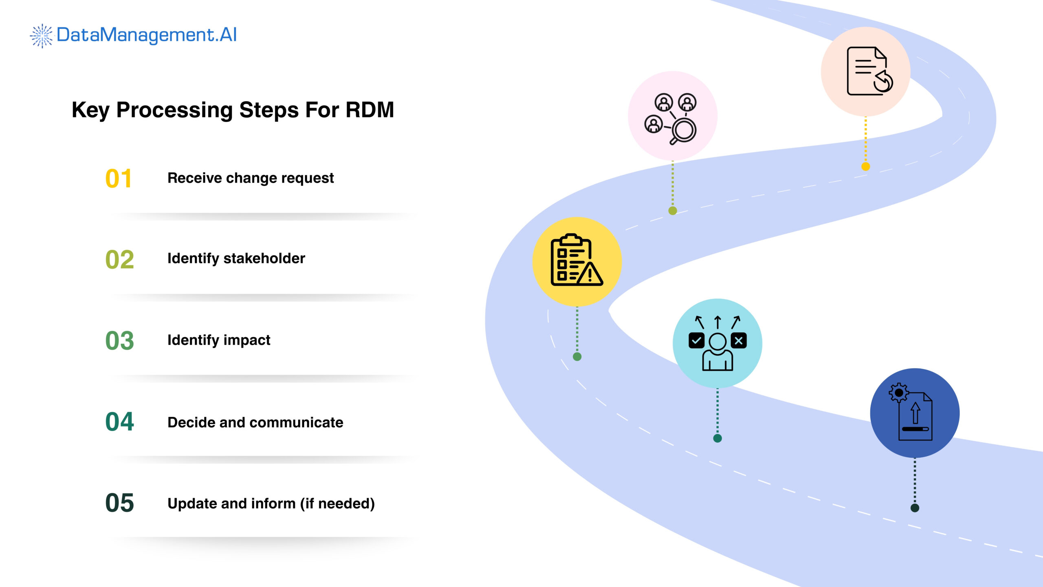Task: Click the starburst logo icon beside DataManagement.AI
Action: pyautogui.click(x=42, y=36)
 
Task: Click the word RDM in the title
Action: pyautogui.click(x=370, y=110)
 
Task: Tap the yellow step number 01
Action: pyautogui.click(x=118, y=179)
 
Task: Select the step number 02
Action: pyautogui.click(x=119, y=260)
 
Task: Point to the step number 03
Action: pyautogui.click(x=119, y=341)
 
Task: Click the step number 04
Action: pyautogui.click(x=119, y=421)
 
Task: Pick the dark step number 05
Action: pyautogui.click(x=119, y=503)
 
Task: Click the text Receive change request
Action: pyautogui.click(x=250, y=178)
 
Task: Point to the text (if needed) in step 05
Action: pyautogui.click(x=337, y=504)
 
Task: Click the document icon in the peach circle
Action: pyautogui.click(x=867, y=71)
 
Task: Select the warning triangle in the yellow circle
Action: pyautogui.click(x=590, y=274)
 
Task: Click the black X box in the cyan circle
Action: pyautogui.click(x=739, y=341)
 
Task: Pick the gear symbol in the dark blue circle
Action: pyautogui.click(x=898, y=393)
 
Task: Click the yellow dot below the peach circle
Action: pyautogui.click(x=866, y=166)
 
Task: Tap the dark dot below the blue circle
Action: pyautogui.click(x=915, y=508)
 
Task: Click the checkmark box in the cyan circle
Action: pyautogui.click(x=696, y=341)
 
